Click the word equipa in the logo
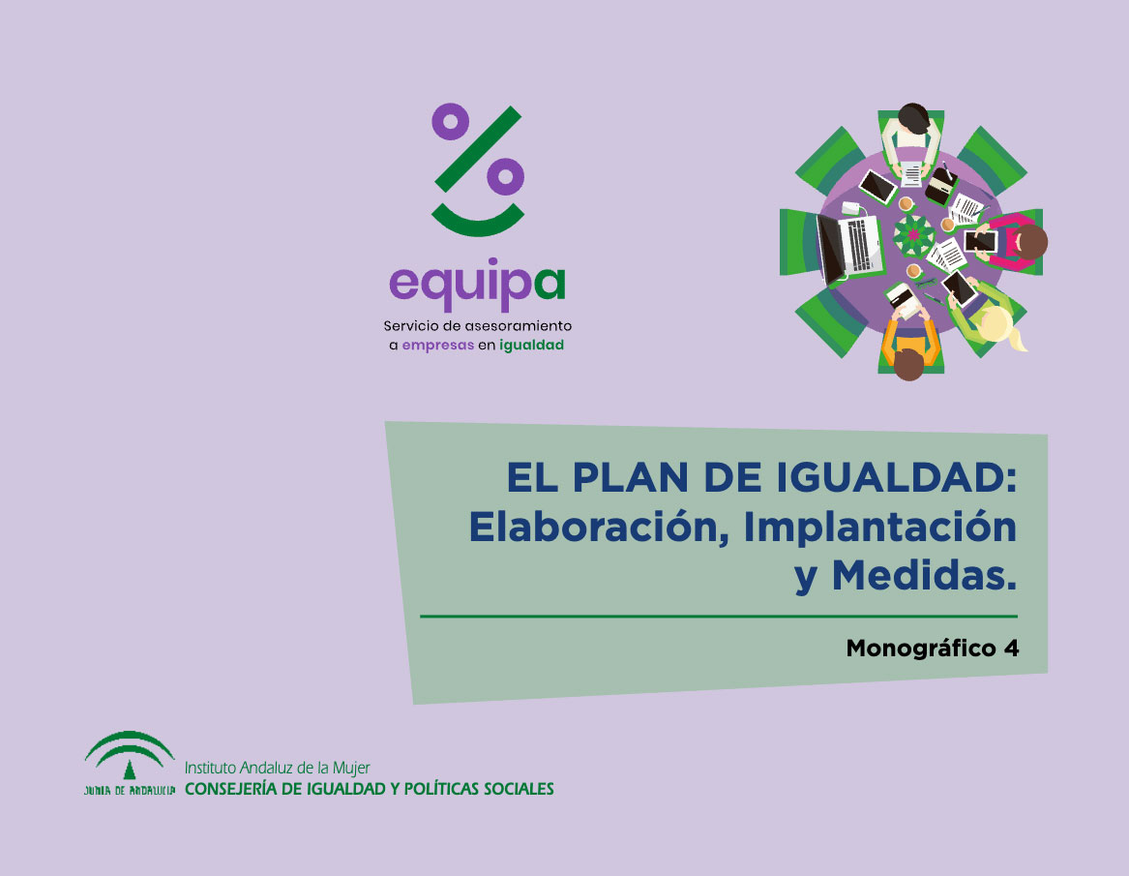point(477,284)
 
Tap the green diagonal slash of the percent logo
point(478,149)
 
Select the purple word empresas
point(438,346)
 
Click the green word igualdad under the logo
point(531,345)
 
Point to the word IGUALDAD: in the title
point(897,477)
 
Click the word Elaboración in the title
point(594,528)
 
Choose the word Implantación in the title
point(879,529)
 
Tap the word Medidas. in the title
point(925,575)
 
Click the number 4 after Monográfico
point(1012,649)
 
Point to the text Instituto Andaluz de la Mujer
point(278,768)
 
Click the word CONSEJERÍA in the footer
point(230,789)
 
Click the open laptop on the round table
point(849,247)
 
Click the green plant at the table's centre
point(913,235)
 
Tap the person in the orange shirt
point(909,347)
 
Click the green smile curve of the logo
point(478,224)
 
